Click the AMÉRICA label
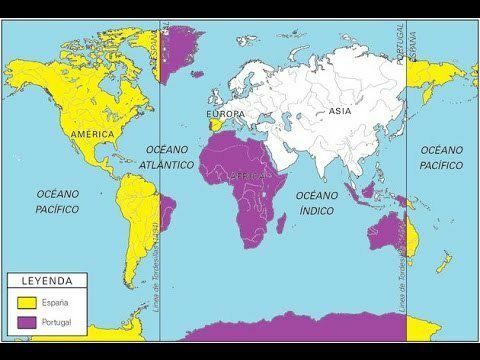pyautogui.click(x=92, y=133)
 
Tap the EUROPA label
pyautogui.click(x=223, y=114)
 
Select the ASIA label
pyautogui.click(x=341, y=112)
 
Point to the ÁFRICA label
pyautogui.click(x=249, y=176)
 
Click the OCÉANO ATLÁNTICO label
pyautogui.click(x=163, y=157)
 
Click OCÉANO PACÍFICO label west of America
pyautogui.click(x=57, y=200)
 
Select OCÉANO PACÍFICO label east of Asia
pyautogui.click(x=441, y=157)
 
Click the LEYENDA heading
pyautogui.click(x=47, y=283)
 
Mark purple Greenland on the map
pyautogui.click(x=181, y=45)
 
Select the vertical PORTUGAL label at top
pyautogui.click(x=409, y=45)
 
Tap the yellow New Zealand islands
pyautogui.click(x=442, y=262)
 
